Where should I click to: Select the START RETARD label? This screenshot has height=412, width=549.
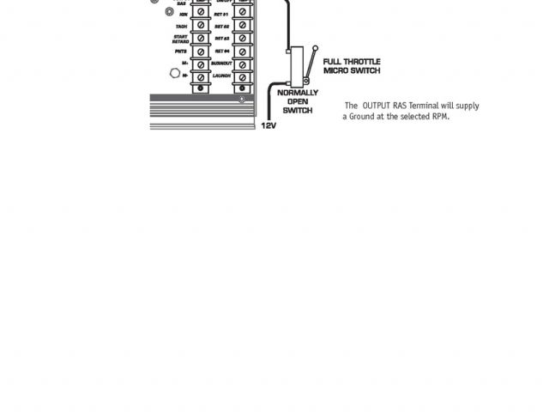(180, 39)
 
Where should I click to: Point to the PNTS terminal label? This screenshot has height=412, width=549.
(181, 51)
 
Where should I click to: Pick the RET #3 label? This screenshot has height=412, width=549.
(221, 39)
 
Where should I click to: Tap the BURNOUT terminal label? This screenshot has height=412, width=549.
(222, 64)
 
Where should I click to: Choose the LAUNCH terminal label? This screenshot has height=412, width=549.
(222, 76)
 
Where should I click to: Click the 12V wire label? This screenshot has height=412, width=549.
(268, 124)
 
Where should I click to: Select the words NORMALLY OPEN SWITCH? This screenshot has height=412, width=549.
(298, 101)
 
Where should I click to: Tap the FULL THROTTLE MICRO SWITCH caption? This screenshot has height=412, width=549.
(352, 66)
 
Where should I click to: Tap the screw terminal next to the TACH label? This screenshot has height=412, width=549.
(200, 26)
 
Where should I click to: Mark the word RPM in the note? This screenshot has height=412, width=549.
(438, 117)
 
